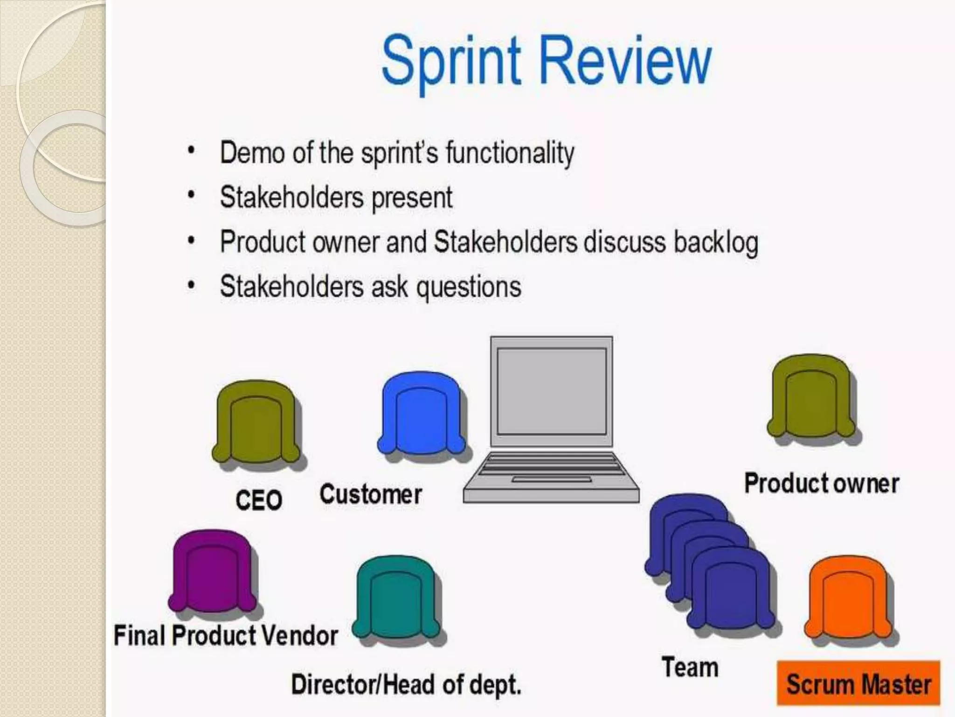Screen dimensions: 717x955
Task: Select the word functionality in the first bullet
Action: (x=510, y=153)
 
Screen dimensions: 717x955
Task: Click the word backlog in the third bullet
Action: (x=716, y=242)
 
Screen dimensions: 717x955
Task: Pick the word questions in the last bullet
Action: (x=468, y=287)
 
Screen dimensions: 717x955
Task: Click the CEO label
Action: (x=259, y=500)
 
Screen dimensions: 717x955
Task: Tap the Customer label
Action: (x=371, y=494)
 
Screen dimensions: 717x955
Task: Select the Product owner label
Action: (x=822, y=483)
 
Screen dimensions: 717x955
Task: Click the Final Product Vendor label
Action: (x=226, y=636)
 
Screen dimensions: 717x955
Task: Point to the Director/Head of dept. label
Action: (x=406, y=685)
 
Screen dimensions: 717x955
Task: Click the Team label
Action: (x=690, y=667)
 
